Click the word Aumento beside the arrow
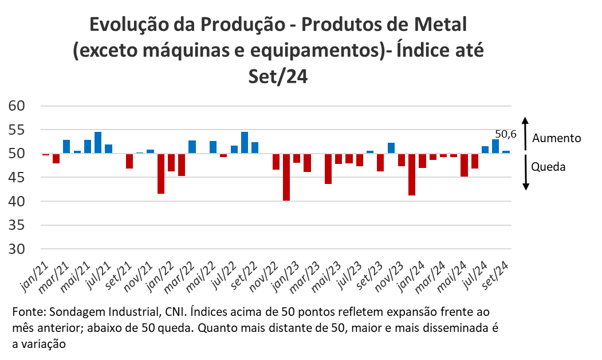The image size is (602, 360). (556, 138)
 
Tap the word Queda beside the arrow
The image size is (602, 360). (548, 167)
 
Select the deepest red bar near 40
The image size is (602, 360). (286, 177)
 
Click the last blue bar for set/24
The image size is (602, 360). (506, 152)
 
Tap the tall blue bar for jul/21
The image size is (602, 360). (98, 143)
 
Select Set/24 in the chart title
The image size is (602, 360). (279, 76)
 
